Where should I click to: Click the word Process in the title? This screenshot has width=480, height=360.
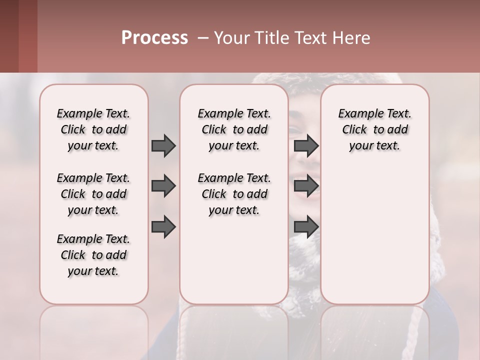(x=154, y=38)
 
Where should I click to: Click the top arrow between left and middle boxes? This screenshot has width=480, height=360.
(x=163, y=145)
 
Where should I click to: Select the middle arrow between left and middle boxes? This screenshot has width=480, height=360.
(x=163, y=186)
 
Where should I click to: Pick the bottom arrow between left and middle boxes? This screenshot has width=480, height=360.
(x=163, y=227)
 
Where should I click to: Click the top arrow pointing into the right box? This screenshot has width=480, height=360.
(x=306, y=145)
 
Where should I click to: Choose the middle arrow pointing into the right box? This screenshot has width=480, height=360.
(x=306, y=186)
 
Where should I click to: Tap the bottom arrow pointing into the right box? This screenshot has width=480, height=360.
(x=306, y=227)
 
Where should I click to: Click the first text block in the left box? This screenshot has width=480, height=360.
(x=93, y=129)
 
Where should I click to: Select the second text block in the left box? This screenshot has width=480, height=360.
(x=93, y=194)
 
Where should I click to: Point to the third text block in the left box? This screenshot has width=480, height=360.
(x=93, y=255)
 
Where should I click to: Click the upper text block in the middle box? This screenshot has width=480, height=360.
(x=234, y=129)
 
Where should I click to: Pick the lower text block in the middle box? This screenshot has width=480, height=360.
(x=234, y=194)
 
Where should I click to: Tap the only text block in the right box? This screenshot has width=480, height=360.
(x=374, y=129)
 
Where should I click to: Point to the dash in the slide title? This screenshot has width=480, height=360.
(x=203, y=38)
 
